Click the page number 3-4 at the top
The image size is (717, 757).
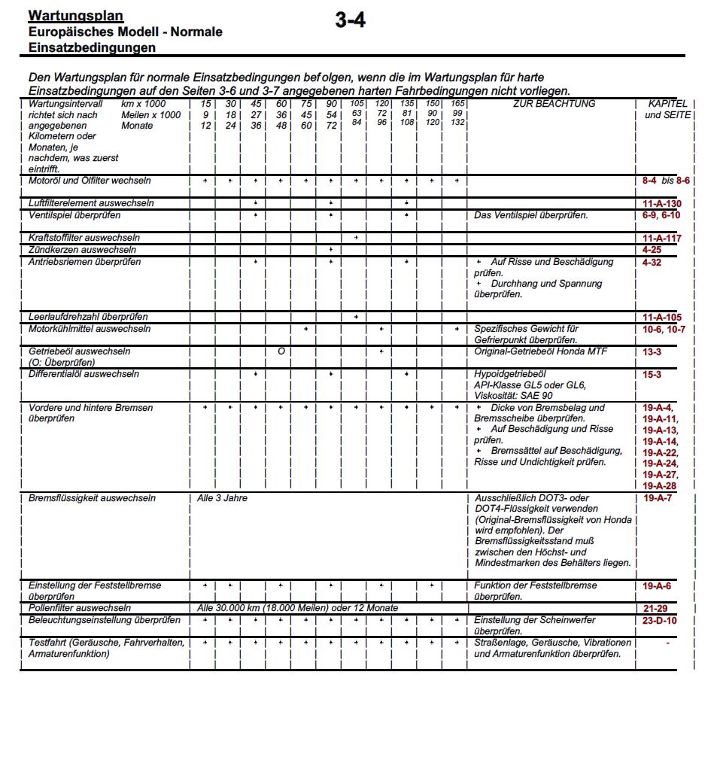click(x=351, y=21)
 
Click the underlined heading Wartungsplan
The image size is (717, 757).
click(x=75, y=16)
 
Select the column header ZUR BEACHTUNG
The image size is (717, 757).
click(x=554, y=104)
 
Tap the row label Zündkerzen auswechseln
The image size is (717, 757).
click(x=82, y=250)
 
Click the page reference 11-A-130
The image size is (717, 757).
click(x=661, y=205)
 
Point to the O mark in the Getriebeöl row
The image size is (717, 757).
click(x=280, y=351)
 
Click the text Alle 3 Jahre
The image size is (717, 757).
click(x=222, y=498)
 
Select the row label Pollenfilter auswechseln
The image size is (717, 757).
click(x=79, y=608)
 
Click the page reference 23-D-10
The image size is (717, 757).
click(x=660, y=621)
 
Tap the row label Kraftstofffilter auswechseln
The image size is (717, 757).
click(x=84, y=238)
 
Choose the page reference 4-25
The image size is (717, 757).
click(x=652, y=249)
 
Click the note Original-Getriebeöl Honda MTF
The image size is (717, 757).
click(x=540, y=351)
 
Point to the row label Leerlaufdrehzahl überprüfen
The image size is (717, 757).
click(x=87, y=317)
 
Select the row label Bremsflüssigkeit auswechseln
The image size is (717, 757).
click(x=92, y=498)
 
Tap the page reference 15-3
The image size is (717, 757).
click(x=652, y=374)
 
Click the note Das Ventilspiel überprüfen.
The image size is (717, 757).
click(x=530, y=216)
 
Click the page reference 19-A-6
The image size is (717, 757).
click(x=657, y=585)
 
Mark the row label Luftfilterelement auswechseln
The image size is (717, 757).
click(x=91, y=204)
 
